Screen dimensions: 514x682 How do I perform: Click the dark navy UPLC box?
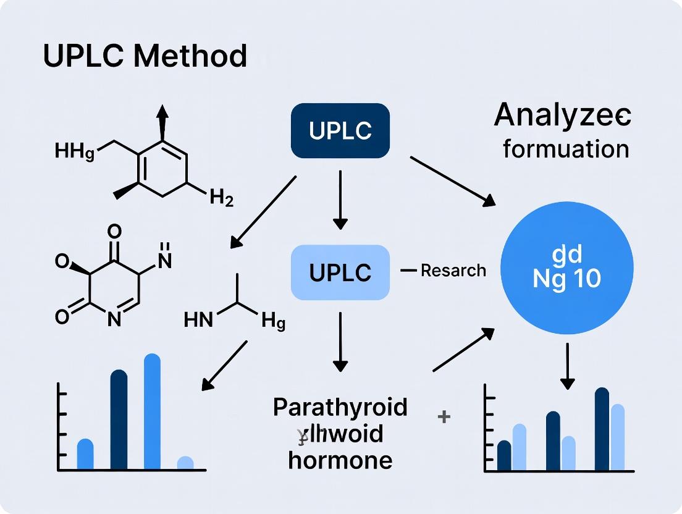coord(340,130)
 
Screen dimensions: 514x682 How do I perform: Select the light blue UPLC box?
coord(340,272)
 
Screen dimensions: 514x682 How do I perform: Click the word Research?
coord(453,271)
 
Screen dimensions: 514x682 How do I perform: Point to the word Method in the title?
coord(190,56)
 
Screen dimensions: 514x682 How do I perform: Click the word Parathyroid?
coord(340,407)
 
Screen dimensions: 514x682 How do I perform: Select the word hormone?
coord(340,460)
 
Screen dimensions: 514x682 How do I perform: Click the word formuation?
coord(566,149)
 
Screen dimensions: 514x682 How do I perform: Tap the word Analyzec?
coord(562,116)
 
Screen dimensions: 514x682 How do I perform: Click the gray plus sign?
coord(444,417)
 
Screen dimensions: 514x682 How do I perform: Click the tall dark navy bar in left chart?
coord(119,419)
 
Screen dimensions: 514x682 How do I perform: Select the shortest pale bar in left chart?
coord(185,463)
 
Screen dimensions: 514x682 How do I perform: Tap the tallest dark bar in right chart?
coord(602,429)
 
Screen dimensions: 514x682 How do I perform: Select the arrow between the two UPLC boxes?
coord(340,201)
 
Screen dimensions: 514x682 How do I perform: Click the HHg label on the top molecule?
coord(75,150)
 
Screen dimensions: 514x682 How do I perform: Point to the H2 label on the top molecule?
coord(221,198)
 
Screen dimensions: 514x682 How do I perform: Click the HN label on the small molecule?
coord(198,319)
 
